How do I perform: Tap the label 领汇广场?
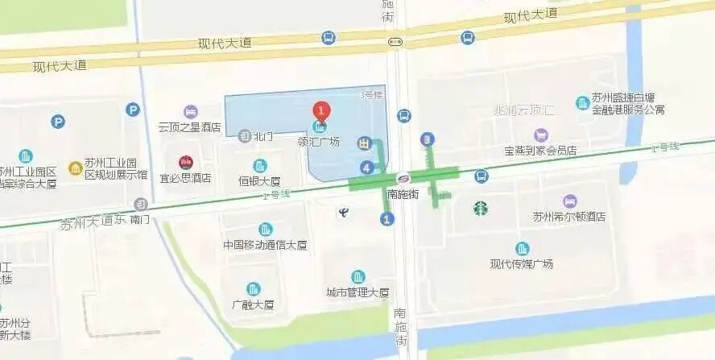(x=319, y=142)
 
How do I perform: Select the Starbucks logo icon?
(x=481, y=208)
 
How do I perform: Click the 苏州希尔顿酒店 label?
(x=568, y=217)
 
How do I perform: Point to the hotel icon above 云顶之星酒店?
(x=190, y=111)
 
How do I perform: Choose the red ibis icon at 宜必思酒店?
(x=186, y=162)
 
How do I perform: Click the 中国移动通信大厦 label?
(x=260, y=244)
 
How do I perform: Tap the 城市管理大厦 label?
(x=357, y=292)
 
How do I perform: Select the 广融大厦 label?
(x=253, y=304)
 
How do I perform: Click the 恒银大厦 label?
(x=260, y=180)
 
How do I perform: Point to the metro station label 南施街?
(x=403, y=193)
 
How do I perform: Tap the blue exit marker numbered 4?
(x=367, y=168)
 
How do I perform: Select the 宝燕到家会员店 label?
(x=540, y=150)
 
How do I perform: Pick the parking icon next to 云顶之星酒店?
(x=132, y=110)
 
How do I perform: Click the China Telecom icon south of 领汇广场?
(x=342, y=211)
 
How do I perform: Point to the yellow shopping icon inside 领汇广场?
(x=365, y=143)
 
